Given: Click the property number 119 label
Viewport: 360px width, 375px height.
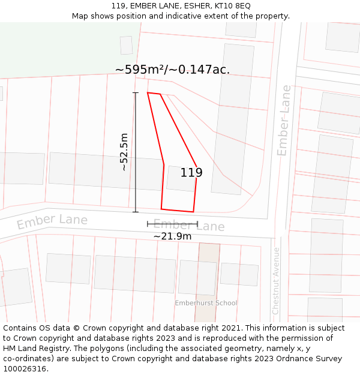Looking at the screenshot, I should (x=191, y=173).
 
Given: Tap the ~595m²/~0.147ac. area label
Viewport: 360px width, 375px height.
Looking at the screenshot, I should (x=172, y=70).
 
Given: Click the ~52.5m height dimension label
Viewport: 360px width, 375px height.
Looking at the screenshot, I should (x=124, y=152).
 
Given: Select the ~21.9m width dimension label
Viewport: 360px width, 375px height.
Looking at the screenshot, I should (x=172, y=236).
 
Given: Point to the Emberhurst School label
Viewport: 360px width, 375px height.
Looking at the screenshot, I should (x=206, y=303).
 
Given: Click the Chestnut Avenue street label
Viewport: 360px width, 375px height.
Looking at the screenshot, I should (x=276, y=281).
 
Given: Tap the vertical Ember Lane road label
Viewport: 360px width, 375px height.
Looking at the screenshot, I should (x=284, y=120).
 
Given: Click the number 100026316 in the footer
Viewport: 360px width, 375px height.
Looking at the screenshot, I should (x=25, y=369).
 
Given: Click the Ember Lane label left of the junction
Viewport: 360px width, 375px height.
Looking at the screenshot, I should (x=52, y=221).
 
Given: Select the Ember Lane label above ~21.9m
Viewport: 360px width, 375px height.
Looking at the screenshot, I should (x=188, y=226).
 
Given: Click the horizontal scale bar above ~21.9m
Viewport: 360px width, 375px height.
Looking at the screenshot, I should (x=172, y=224).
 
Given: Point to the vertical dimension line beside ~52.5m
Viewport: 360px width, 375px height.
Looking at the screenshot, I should (x=135, y=152).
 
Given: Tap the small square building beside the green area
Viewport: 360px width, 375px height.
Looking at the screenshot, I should (x=126, y=45).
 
